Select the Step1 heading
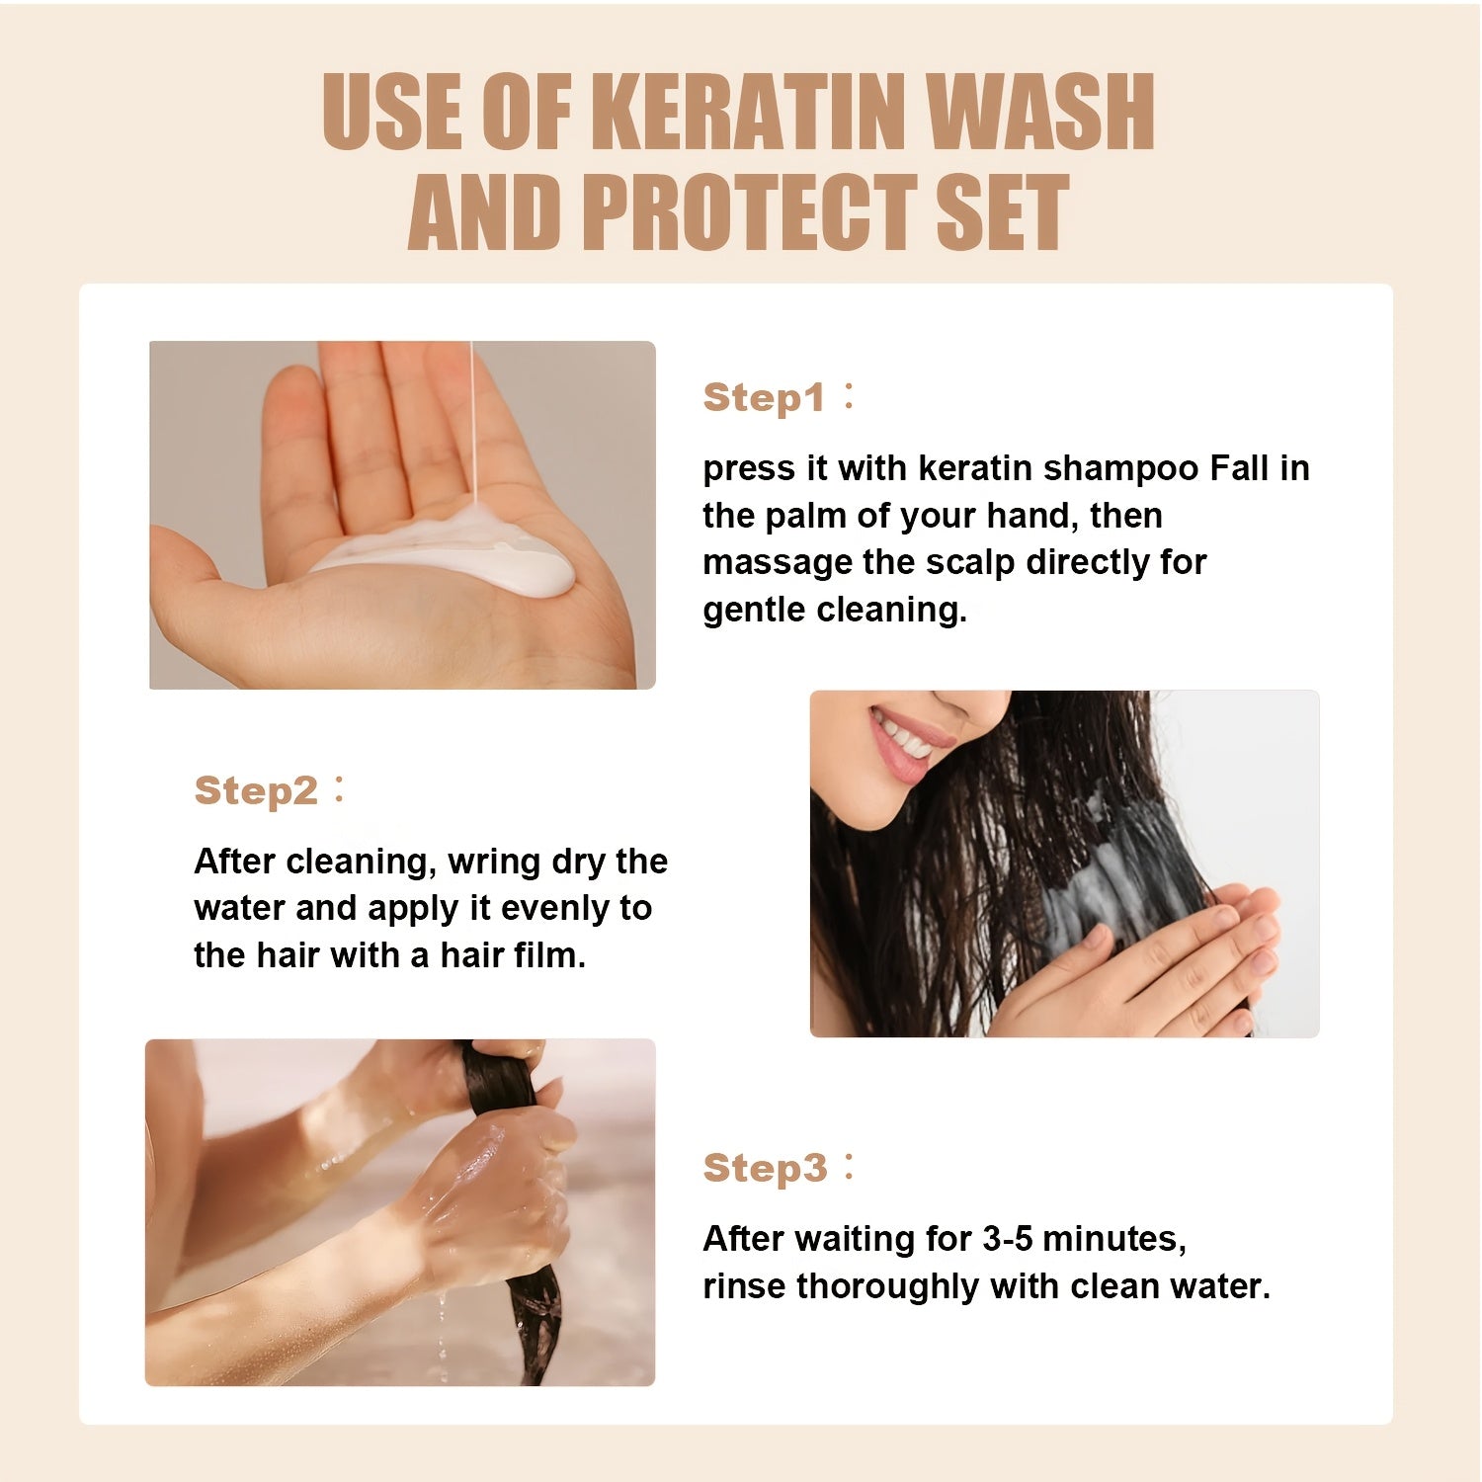click(764, 398)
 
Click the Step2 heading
click(256, 790)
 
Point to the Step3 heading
click(765, 1168)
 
